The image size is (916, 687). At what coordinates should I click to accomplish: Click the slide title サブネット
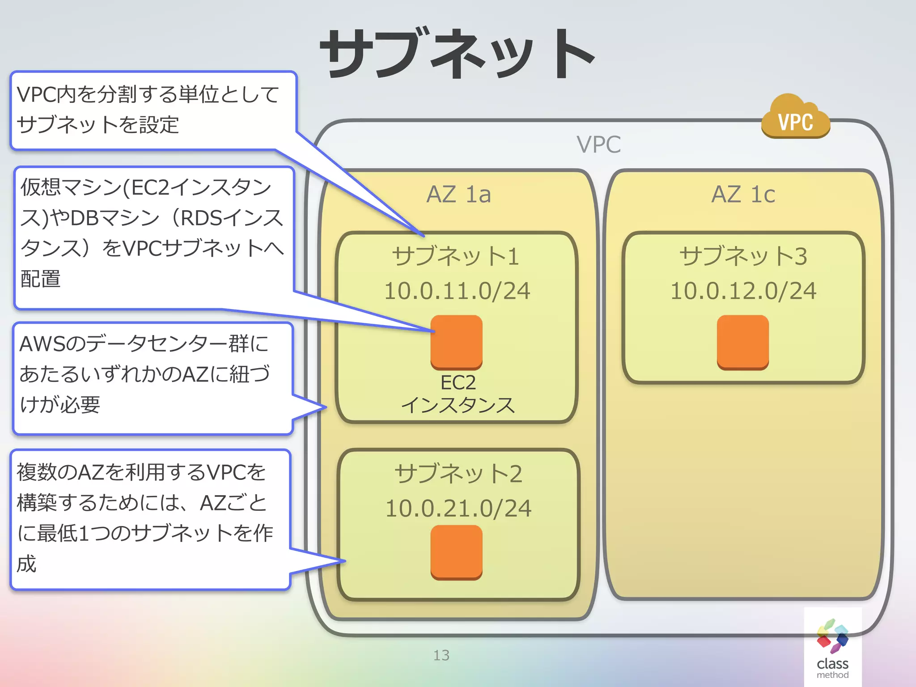(x=457, y=54)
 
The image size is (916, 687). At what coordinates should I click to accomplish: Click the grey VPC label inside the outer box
(x=598, y=144)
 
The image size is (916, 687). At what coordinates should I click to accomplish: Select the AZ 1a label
(x=458, y=194)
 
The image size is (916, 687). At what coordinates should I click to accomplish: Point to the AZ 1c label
(x=743, y=194)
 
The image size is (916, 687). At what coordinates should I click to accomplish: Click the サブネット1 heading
(x=456, y=256)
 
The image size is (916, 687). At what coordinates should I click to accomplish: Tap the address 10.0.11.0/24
(x=457, y=291)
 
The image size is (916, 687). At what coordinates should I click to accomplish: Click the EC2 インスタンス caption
(x=458, y=394)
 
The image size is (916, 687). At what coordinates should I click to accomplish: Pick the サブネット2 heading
(x=458, y=474)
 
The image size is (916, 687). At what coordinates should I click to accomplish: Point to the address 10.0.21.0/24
(x=458, y=509)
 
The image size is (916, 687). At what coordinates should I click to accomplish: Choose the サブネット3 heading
(x=743, y=256)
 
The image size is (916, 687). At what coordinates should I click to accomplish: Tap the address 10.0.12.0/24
(x=743, y=291)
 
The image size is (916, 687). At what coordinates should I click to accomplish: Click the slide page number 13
(x=441, y=655)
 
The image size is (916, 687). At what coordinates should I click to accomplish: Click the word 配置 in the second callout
(x=41, y=279)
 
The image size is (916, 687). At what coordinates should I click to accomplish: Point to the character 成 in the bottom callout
(x=26, y=564)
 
